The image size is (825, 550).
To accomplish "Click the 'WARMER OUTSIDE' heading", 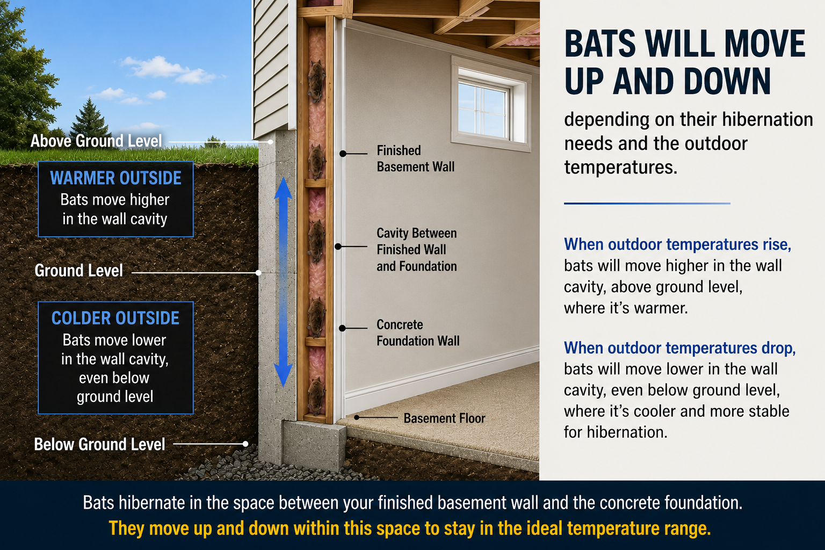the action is point(115,178).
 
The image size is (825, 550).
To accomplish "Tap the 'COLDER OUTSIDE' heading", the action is point(115,318).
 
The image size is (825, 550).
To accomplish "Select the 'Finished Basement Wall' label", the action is point(415,158).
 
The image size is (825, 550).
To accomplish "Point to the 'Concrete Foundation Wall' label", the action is point(418,332).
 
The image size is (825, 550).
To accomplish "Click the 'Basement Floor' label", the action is point(445,418).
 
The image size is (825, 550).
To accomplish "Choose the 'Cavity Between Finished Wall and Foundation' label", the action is point(417,249).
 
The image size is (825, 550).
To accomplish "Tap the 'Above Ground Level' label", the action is point(96,141).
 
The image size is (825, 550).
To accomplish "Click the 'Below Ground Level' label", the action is point(99,444).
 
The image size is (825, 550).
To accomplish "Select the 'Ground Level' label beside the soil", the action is point(78,270).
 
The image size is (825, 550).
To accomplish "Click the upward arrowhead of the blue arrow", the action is point(283,188).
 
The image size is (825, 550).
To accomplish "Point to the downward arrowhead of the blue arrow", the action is point(283,375).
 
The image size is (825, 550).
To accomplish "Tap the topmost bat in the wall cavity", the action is point(316,82).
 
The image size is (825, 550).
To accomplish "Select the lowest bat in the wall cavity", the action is point(316,396).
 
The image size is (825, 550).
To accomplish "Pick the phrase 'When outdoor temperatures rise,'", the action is point(678,244).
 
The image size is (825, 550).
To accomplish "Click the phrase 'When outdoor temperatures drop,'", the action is point(680,348).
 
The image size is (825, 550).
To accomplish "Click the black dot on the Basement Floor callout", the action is point(357,417).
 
